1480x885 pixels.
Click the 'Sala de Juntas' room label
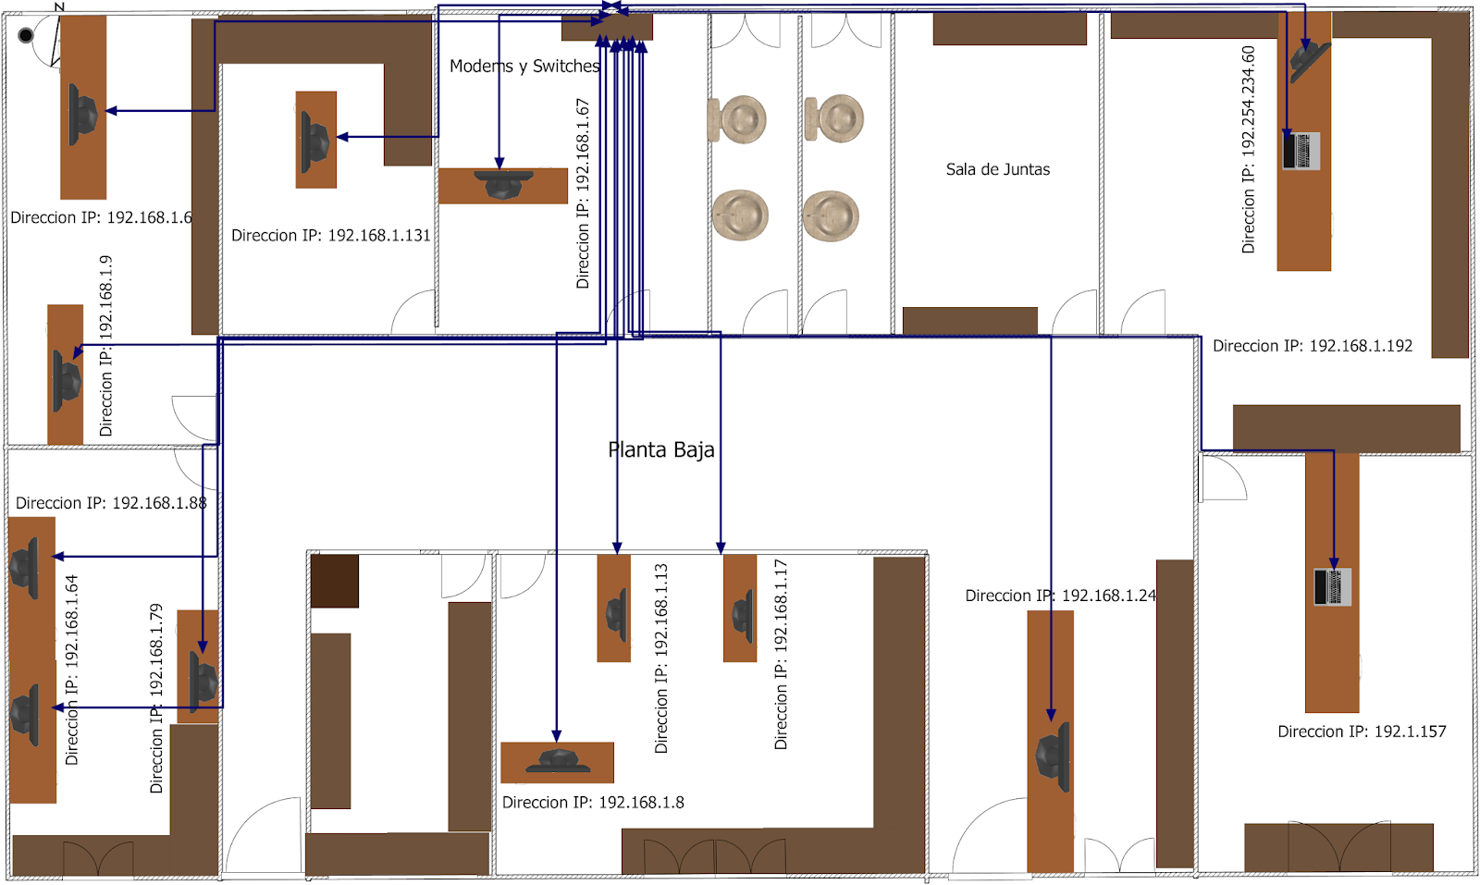click(x=998, y=170)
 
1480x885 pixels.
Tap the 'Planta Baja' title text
click(x=660, y=449)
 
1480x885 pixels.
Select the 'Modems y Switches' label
click(x=524, y=66)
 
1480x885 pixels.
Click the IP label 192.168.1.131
click(x=331, y=236)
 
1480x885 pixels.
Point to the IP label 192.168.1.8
click(x=593, y=803)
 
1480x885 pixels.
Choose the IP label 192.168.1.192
click(x=1313, y=346)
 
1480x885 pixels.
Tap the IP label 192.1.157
click(x=1362, y=731)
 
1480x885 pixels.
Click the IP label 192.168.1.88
click(x=111, y=503)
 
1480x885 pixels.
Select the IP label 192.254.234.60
click(x=1248, y=149)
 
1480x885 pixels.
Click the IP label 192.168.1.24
click(x=1060, y=596)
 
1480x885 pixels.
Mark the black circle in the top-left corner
click(x=26, y=35)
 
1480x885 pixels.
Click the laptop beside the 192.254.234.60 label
click(x=1301, y=151)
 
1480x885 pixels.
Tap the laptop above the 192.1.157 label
click(x=1332, y=586)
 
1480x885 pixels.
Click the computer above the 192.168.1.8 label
click(x=558, y=761)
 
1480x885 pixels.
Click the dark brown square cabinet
click(x=334, y=581)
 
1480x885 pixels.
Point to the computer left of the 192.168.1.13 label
click(x=616, y=616)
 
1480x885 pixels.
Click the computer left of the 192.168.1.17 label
click(x=743, y=616)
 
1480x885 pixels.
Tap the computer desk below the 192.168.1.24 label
click(x=1051, y=742)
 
